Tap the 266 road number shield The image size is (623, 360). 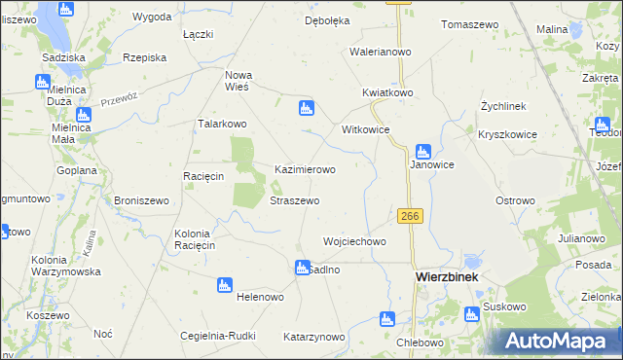pyautogui.click(x=409, y=216)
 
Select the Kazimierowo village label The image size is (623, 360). pyautogui.click(x=305, y=169)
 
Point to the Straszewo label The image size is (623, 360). pyautogui.click(x=294, y=200)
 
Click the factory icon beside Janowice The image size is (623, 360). pyautogui.click(x=422, y=151)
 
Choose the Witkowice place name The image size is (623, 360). pyautogui.click(x=365, y=129)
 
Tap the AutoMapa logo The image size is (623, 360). pyautogui.click(x=560, y=341)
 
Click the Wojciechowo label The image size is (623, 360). pyautogui.click(x=354, y=241)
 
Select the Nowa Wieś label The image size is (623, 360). pyautogui.click(x=238, y=80)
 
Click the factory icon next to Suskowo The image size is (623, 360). pyautogui.click(x=472, y=313)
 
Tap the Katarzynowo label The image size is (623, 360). pyautogui.click(x=313, y=338)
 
